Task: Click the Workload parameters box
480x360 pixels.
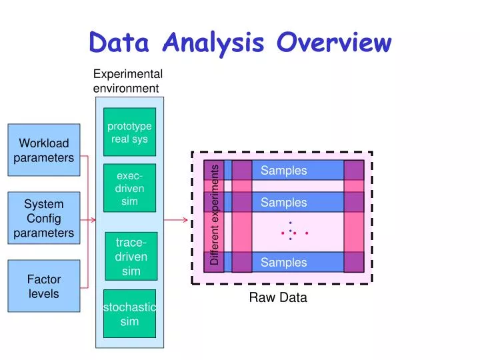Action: [43, 150]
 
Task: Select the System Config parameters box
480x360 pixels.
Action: [43, 218]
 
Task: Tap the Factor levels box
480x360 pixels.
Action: [43, 286]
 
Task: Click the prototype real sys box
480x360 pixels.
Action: [129, 133]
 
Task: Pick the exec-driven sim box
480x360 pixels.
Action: [129, 189]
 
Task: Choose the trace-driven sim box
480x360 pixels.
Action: [131, 257]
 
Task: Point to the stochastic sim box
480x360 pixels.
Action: [129, 314]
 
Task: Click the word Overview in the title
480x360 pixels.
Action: [335, 43]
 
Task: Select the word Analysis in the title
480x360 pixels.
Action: [213, 43]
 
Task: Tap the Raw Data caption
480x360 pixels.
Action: [278, 298]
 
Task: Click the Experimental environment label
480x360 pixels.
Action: [127, 81]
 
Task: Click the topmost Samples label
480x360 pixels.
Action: [283, 171]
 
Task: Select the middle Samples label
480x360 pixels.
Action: [283, 203]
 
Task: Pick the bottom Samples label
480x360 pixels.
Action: [283, 263]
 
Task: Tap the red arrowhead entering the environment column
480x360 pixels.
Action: [93, 219]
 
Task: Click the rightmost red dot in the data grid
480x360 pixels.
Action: [307, 233]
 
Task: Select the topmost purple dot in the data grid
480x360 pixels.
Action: [291, 223]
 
